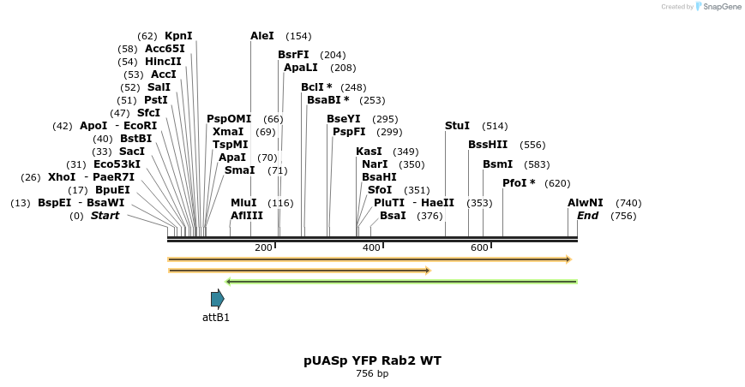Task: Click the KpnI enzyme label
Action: pos(178,36)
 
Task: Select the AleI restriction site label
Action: pos(262,36)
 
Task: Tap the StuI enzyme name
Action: pos(457,126)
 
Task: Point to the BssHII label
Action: pos(488,145)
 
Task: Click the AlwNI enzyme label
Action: pos(586,203)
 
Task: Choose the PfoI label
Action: pos(519,183)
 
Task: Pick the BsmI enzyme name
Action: pos(497,164)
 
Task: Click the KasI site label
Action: pos(369,152)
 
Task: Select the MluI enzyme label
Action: pos(243,203)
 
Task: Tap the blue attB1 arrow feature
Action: pos(218,299)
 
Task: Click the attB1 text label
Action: pos(216,318)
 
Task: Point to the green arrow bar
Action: pos(401,281)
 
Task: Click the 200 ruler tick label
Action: pos(263,247)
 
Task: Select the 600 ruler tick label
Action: pos(479,247)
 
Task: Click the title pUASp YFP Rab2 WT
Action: pos(372,360)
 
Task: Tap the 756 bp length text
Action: pos(372,374)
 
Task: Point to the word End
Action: pos(588,216)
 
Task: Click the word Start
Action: pos(105,216)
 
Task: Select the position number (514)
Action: pos(495,126)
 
